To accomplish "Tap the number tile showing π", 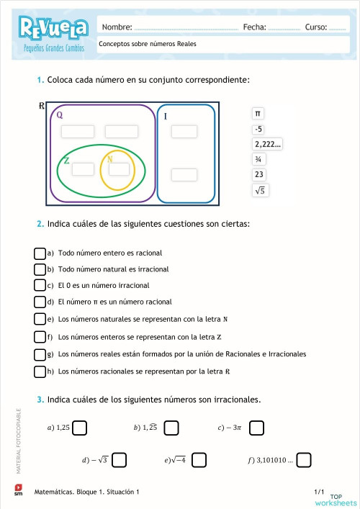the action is [258, 114].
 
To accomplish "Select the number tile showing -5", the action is [258, 130].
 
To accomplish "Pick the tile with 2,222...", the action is [267, 145].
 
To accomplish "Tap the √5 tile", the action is [260, 191].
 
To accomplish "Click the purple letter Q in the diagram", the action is [59, 114].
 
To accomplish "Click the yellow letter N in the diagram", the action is [109, 159].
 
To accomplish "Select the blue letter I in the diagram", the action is [165, 116].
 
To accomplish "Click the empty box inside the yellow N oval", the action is [119, 168].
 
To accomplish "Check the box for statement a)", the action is [40, 253].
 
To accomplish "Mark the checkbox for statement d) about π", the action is [40, 302].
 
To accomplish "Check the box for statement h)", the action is [40, 371].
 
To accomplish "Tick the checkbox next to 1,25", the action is [80, 428].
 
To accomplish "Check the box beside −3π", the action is [256, 428].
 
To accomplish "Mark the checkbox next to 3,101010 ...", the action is [304, 459].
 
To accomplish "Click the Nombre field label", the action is [117, 27].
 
